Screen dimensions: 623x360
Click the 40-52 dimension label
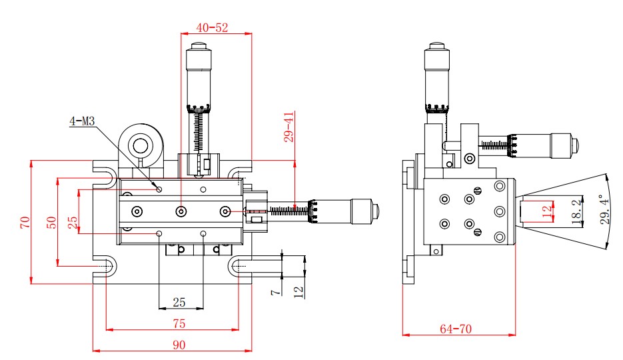pos(212,27)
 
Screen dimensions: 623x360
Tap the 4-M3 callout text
pos(82,121)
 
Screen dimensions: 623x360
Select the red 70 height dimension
pos(25,222)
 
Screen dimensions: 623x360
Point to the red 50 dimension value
pos(51,222)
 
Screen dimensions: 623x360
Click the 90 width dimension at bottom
pos(179,345)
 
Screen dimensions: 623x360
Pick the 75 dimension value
pos(179,323)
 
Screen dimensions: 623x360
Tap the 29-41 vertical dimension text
pos(289,127)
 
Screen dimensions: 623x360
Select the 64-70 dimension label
pos(456,329)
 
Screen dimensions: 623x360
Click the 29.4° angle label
pos(604,209)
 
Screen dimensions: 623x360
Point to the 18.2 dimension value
pos(576,212)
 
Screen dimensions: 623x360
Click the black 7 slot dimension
pos(275,292)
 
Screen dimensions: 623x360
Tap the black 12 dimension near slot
pos(299,292)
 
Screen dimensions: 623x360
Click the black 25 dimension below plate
pos(179,303)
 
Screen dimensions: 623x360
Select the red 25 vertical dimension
pos(73,222)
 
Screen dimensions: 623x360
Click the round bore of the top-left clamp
pos(140,146)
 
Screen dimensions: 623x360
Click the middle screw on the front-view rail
pos(181,211)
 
